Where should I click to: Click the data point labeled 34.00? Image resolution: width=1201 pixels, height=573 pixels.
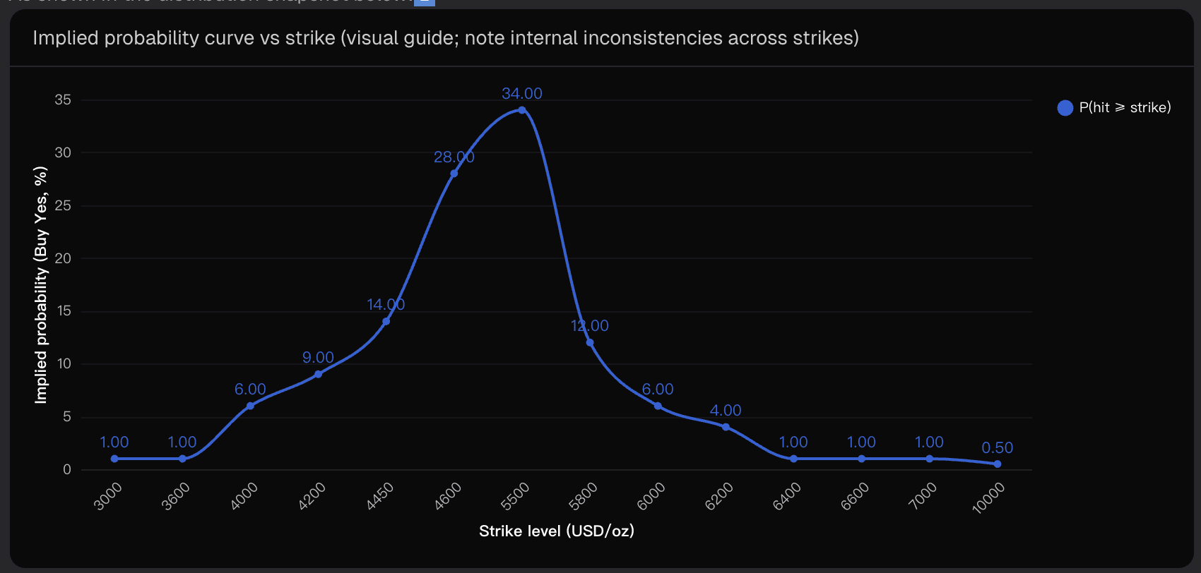coord(522,110)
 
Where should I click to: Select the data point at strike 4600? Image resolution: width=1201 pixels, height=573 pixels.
coord(454,174)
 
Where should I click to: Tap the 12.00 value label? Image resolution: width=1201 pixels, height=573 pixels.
coord(590,325)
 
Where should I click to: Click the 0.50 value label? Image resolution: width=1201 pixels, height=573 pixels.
coord(997,447)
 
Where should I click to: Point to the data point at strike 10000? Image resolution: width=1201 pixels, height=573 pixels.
coord(997,464)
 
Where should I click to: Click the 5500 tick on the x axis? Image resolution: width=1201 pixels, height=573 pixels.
coord(515,496)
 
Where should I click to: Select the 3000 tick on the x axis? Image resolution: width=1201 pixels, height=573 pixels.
coord(108,496)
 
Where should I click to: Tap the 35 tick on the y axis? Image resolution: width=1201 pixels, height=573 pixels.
coord(63,99)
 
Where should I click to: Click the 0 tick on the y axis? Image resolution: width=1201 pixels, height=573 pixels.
coord(67,469)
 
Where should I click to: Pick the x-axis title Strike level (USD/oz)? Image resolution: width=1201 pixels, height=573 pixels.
coord(557,531)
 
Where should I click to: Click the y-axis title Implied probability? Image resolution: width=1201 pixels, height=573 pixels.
coord(41,285)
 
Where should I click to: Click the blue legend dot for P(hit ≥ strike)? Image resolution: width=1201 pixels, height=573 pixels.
coord(1065,107)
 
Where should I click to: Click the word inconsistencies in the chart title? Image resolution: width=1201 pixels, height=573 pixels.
coord(614,37)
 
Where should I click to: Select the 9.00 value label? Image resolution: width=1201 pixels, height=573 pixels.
coord(318,357)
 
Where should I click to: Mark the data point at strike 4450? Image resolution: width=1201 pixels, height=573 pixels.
coord(386,321)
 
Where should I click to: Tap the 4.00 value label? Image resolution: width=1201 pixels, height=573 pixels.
coord(726,410)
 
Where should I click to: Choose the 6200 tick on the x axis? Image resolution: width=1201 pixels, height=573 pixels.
coord(719,496)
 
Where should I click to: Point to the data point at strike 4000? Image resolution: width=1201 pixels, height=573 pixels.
coord(250,406)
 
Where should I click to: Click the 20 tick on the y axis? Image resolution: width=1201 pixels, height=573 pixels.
coord(63,258)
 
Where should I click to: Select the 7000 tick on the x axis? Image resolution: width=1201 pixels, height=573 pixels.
coord(923,496)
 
